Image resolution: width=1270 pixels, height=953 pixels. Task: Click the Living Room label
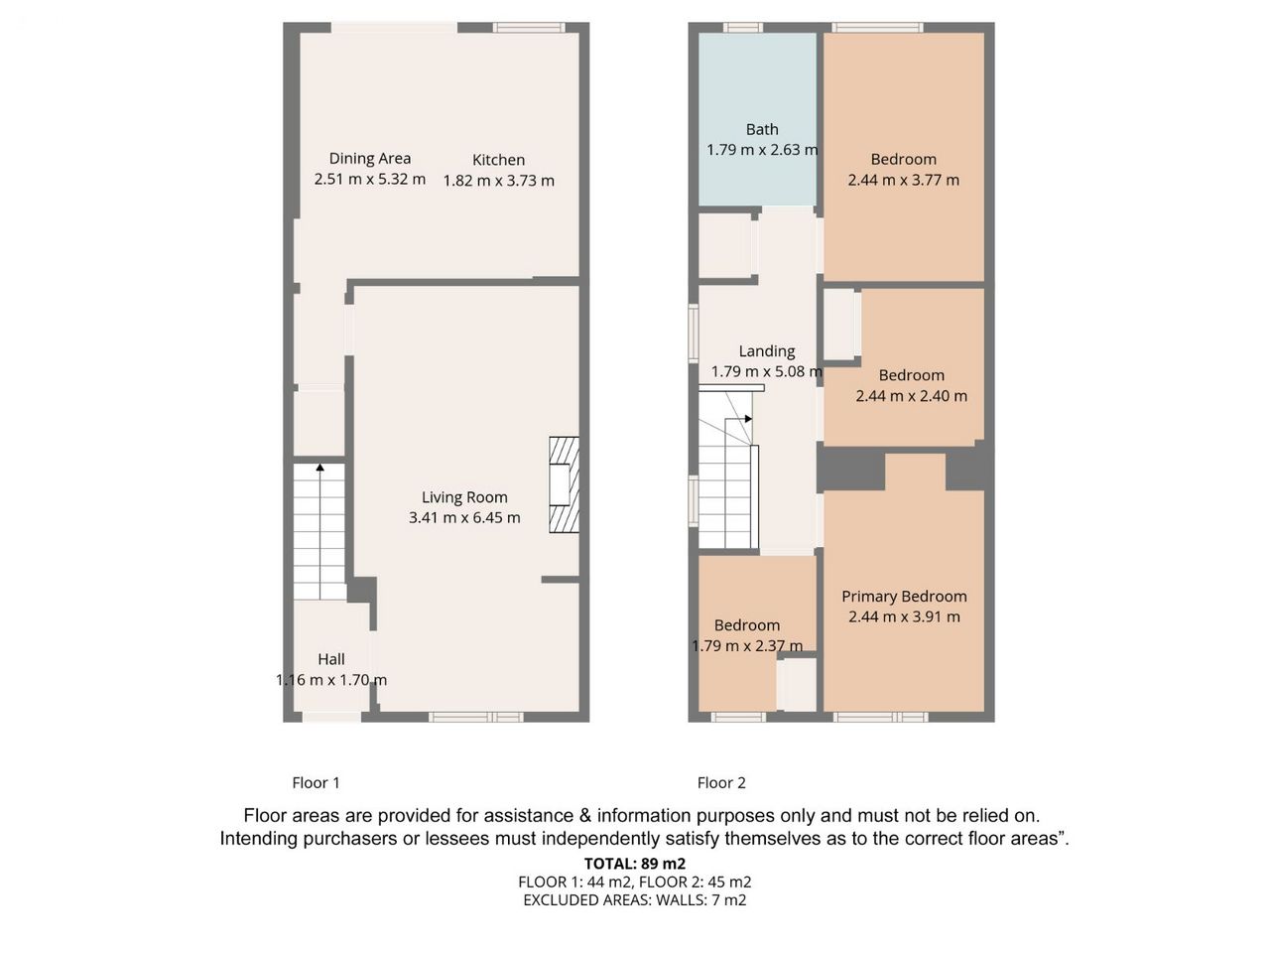pyautogui.click(x=464, y=497)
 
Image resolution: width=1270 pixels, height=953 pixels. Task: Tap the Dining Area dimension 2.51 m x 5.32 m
pyautogui.click(x=370, y=179)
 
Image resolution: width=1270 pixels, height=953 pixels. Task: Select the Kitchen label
pyautogui.click(x=498, y=160)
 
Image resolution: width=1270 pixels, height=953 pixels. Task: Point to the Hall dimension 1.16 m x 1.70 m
pyautogui.click(x=331, y=679)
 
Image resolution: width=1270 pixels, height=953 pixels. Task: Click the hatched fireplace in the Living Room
pyautogui.click(x=564, y=484)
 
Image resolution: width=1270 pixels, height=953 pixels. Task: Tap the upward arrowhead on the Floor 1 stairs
pyautogui.click(x=319, y=467)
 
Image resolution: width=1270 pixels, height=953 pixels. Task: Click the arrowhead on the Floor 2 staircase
pyautogui.click(x=749, y=418)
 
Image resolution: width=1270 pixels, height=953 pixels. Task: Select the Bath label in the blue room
pyautogui.click(x=761, y=129)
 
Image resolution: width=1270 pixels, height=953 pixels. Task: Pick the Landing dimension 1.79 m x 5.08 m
pyautogui.click(x=767, y=371)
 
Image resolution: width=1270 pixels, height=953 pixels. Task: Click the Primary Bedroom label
pyautogui.click(x=904, y=596)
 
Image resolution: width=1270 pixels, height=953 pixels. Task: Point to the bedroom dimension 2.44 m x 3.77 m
pyautogui.click(x=903, y=180)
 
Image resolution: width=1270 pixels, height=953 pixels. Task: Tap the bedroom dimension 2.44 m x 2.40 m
pyautogui.click(x=911, y=396)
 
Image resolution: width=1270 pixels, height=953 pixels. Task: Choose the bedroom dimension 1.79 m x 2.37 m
pyautogui.click(x=747, y=645)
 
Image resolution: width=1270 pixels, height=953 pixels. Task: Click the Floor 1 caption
pyautogui.click(x=316, y=783)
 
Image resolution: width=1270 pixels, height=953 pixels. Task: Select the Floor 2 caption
pyautogui.click(x=721, y=783)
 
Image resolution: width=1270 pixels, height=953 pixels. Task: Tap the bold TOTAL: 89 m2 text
pyautogui.click(x=635, y=864)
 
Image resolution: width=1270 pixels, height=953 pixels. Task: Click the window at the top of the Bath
pyautogui.click(x=743, y=27)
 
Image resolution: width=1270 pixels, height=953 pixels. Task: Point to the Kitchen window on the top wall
pyautogui.click(x=529, y=27)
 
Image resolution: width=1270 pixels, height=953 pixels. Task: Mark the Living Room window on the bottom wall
pyautogui.click(x=476, y=717)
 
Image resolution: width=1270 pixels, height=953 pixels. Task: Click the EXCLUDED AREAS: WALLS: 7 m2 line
pyautogui.click(x=635, y=899)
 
